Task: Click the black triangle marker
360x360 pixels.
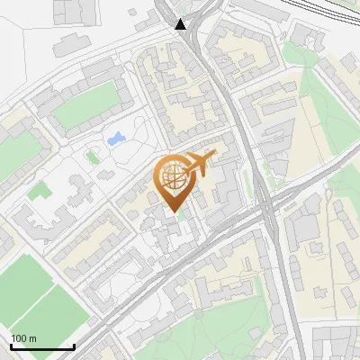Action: click(x=182, y=24)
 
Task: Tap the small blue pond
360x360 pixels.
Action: click(x=116, y=139)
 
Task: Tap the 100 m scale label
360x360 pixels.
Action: click(x=23, y=338)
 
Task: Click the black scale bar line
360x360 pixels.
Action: click(x=42, y=346)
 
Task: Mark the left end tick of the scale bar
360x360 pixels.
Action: click(x=11, y=345)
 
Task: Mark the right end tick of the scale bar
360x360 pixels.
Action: click(x=74, y=345)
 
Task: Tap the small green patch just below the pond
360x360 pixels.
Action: click(x=93, y=157)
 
